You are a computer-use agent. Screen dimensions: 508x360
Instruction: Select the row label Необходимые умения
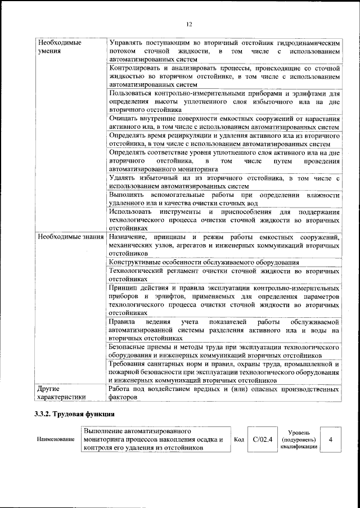tap(58, 47)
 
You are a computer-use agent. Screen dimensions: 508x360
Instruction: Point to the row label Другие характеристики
tap(61, 392)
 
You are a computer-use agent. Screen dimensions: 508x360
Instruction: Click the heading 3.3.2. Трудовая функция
tap(73, 414)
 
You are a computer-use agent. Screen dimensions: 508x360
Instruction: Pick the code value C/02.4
tap(263, 439)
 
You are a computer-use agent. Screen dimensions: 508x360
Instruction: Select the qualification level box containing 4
tap(331, 439)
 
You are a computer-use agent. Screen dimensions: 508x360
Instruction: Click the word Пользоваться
tap(135, 93)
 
